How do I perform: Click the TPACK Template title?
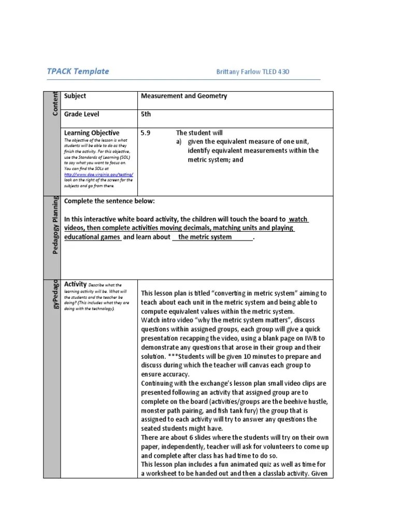(78, 71)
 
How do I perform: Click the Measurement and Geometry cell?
(184, 96)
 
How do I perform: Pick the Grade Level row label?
(81, 114)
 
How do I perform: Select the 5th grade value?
(146, 114)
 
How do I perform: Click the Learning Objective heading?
(92, 133)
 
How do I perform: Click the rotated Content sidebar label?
(55, 103)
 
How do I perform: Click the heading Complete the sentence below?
(109, 201)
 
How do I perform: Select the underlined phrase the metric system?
(212, 237)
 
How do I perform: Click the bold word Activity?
(75, 284)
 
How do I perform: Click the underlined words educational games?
(93, 237)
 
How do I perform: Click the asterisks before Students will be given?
(172, 357)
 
